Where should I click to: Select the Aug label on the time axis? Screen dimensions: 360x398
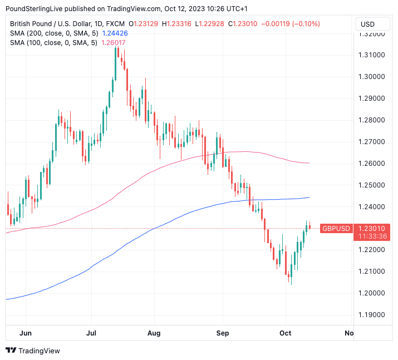point(154,333)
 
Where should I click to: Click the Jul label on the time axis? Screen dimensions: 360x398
point(91,333)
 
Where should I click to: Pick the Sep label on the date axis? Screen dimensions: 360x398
point(223,333)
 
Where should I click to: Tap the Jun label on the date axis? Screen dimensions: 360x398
point(26,333)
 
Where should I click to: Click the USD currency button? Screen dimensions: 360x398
point(367,24)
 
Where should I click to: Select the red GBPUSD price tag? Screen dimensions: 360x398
point(336,228)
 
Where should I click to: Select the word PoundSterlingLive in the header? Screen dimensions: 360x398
point(38,9)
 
